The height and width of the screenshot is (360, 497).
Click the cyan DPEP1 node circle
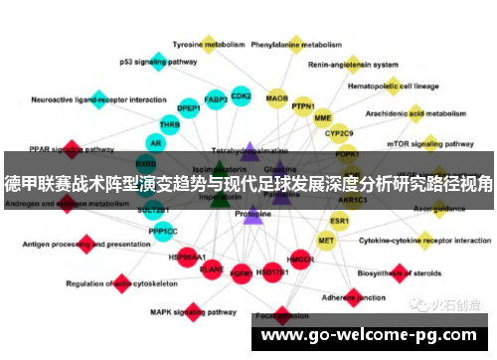[x=188, y=107]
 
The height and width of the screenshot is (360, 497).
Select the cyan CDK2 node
[x=241, y=96]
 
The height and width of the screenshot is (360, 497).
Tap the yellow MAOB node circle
[x=276, y=99]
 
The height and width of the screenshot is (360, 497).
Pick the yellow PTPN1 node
[x=303, y=106]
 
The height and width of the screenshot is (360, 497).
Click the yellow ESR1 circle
[x=340, y=220]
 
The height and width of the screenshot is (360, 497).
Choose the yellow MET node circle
[x=326, y=240]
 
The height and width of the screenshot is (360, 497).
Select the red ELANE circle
[x=212, y=269]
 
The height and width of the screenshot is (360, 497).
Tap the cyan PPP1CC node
[x=163, y=231]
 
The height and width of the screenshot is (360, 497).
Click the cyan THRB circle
[x=170, y=125]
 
